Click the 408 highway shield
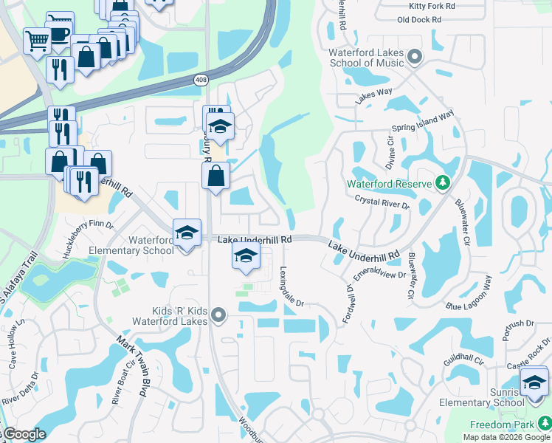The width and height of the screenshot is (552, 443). (201, 79)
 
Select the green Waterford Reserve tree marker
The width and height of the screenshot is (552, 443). (442, 182)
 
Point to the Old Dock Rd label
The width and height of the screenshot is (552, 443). (417, 19)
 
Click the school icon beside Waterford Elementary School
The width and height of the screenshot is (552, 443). (187, 233)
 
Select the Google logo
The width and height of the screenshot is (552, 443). (24, 434)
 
